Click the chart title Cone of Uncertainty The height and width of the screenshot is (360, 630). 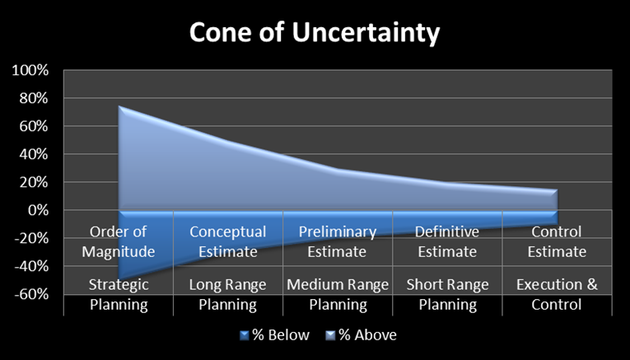(315, 33)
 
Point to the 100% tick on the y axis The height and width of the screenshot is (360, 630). (30, 71)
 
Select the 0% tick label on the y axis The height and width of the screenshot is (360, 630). (38, 211)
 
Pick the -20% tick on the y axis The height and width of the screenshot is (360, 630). (31, 239)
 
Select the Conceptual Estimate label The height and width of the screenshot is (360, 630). (227, 241)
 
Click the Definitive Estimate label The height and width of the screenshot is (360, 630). (446, 241)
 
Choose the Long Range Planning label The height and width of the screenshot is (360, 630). (227, 295)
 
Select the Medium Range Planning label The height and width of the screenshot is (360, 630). (338, 295)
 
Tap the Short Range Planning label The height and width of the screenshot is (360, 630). (447, 295)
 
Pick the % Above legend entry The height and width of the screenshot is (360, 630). (362, 335)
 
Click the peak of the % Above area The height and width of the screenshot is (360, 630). (119, 106)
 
